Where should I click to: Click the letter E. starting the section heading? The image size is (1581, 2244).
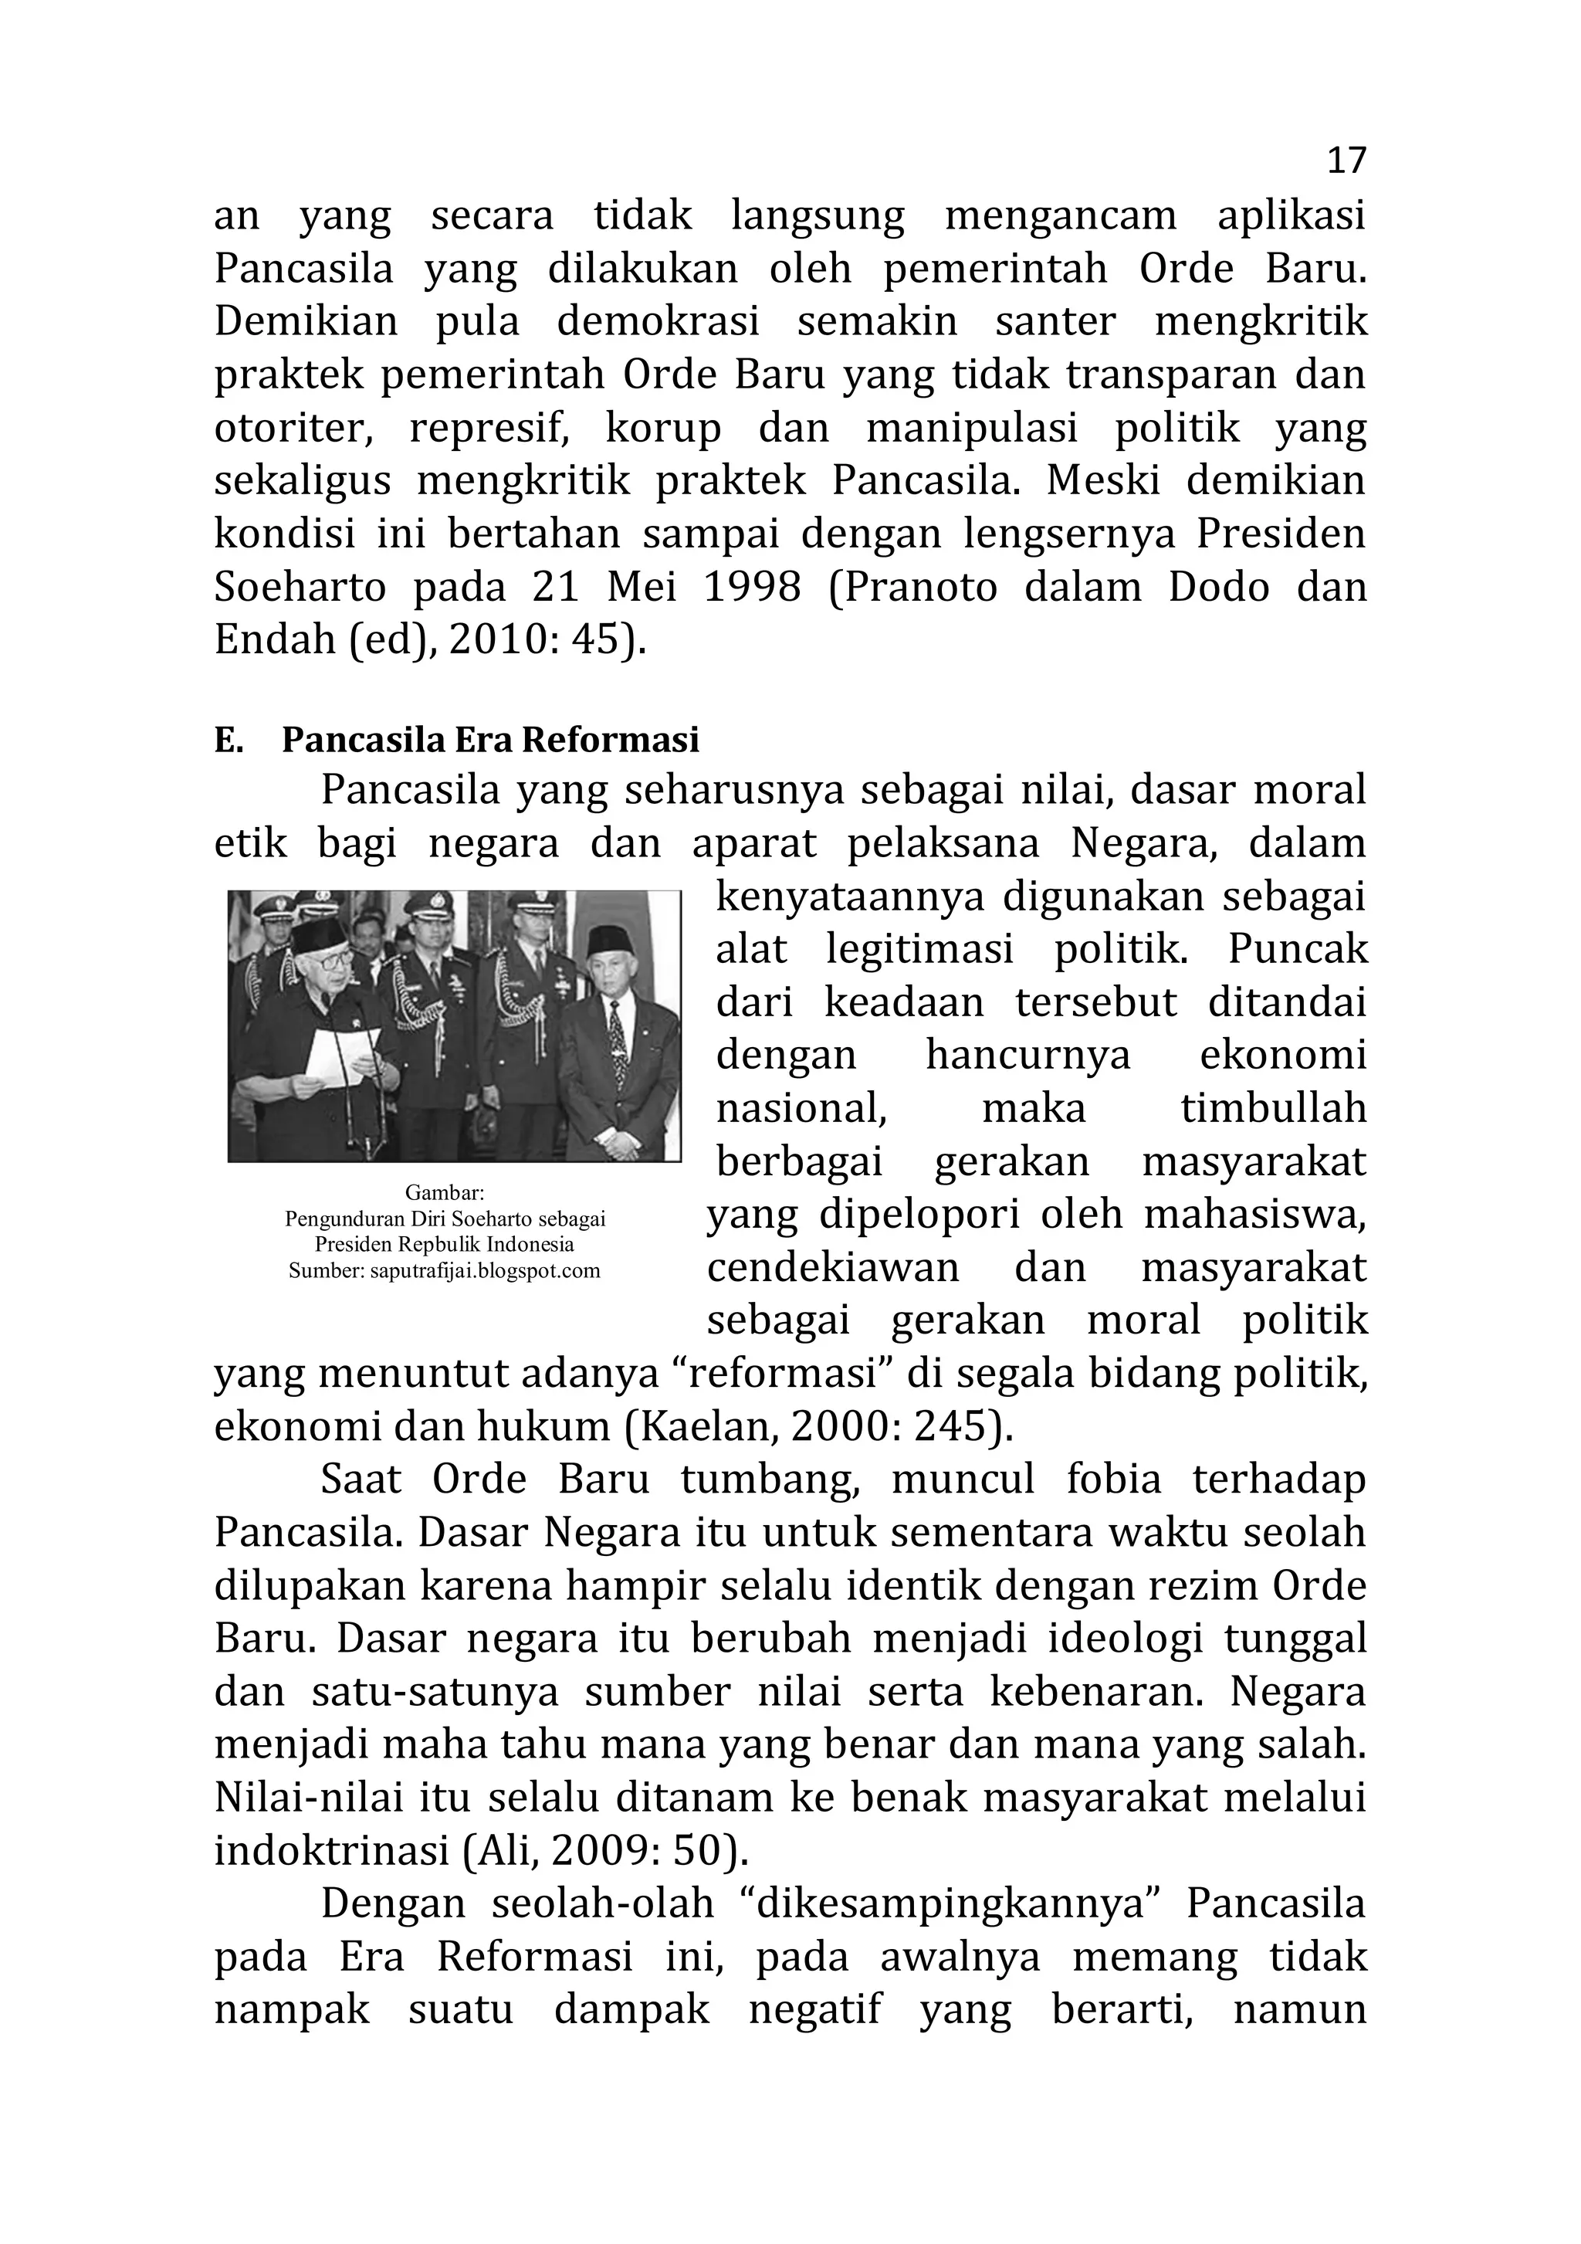(x=228, y=741)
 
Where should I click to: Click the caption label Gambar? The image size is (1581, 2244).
(x=445, y=1193)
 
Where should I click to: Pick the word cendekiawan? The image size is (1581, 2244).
(x=832, y=1269)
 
